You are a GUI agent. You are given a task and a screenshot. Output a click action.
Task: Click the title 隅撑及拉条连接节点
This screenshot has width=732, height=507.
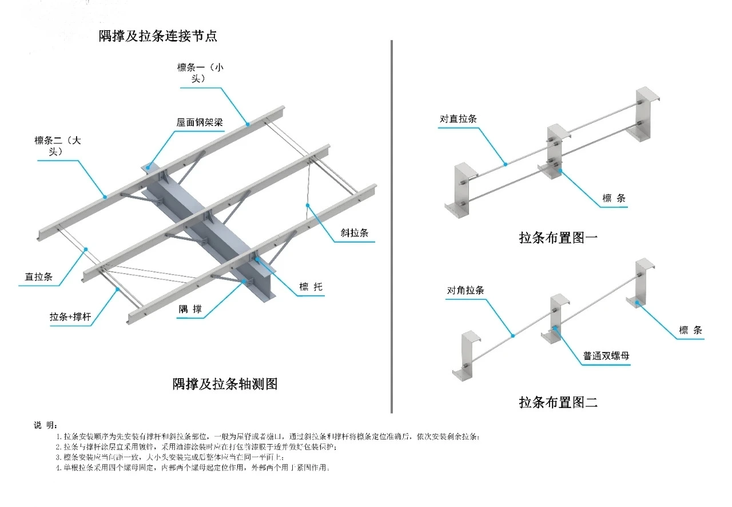[x=158, y=37]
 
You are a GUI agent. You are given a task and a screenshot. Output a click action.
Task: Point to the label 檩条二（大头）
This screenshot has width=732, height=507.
[x=58, y=146]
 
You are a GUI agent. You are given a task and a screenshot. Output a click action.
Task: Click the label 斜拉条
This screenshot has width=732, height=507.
[x=354, y=233]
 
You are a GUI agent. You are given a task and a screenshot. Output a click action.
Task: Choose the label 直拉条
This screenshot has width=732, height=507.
[x=39, y=278]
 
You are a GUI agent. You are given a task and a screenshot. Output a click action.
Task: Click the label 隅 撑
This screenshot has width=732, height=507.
[x=190, y=310]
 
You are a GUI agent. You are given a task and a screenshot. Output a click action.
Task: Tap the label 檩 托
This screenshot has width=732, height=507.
[x=311, y=287]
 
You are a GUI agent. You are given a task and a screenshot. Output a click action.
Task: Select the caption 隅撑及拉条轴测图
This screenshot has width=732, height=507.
[x=225, y=384]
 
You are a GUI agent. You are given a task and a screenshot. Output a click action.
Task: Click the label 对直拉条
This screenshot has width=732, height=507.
[x=458, y=119]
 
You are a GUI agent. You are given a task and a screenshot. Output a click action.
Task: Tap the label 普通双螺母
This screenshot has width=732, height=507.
[x=606, y=356]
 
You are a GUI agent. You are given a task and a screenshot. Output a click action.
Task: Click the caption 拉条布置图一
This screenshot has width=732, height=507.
[x=558, y=238]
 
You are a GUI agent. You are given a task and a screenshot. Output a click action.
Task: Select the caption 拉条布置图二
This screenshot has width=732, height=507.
[x=558, y=402]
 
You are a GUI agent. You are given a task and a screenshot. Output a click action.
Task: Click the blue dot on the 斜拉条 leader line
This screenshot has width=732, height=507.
[x=308, y=204]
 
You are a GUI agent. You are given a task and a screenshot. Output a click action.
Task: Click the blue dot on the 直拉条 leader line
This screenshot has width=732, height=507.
[x=86, y=249]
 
